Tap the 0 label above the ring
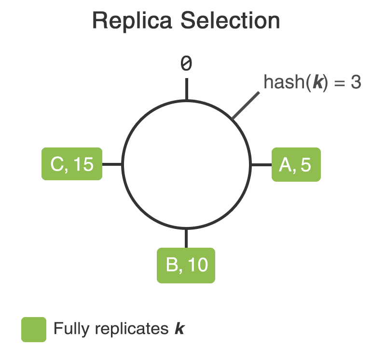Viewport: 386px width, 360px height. pos(186,64)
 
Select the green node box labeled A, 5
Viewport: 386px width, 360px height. pos(296,165)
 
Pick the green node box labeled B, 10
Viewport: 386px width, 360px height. pos(186,265)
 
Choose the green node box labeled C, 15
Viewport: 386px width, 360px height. pos(72,164)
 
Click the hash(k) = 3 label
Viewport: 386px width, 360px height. pos(312,82)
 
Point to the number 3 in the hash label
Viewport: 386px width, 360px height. pos(356,82)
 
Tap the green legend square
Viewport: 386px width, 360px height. pos(34,330)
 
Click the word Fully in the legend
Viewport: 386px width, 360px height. pos(72,329)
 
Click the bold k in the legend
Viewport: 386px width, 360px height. pos(179,329)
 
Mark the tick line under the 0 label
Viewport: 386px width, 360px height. pos(186,90)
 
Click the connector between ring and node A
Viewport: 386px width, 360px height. pos(262,165)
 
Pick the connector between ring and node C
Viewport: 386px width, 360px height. pos(112,164)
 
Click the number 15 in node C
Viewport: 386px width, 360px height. pos(84,164)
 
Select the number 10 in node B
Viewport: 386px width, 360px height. pos(198,265)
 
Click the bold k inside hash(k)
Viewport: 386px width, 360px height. pos(317,82)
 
